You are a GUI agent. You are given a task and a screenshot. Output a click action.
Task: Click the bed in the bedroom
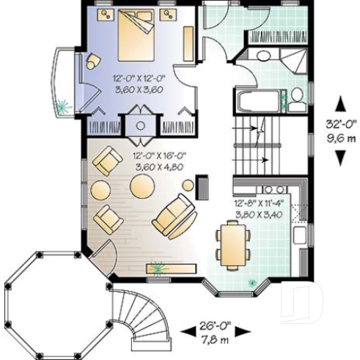[x=139, y=36]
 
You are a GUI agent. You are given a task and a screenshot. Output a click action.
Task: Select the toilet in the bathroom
[x=296, y=98]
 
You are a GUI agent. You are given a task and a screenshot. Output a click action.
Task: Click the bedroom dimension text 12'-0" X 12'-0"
[x=137, y=78]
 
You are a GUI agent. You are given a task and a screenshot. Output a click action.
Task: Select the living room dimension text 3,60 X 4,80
[x=158, y=167]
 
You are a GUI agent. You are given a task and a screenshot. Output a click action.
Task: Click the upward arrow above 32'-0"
[x=340, y=104]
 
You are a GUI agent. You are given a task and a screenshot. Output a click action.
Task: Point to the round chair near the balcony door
[x=94, y=61]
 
